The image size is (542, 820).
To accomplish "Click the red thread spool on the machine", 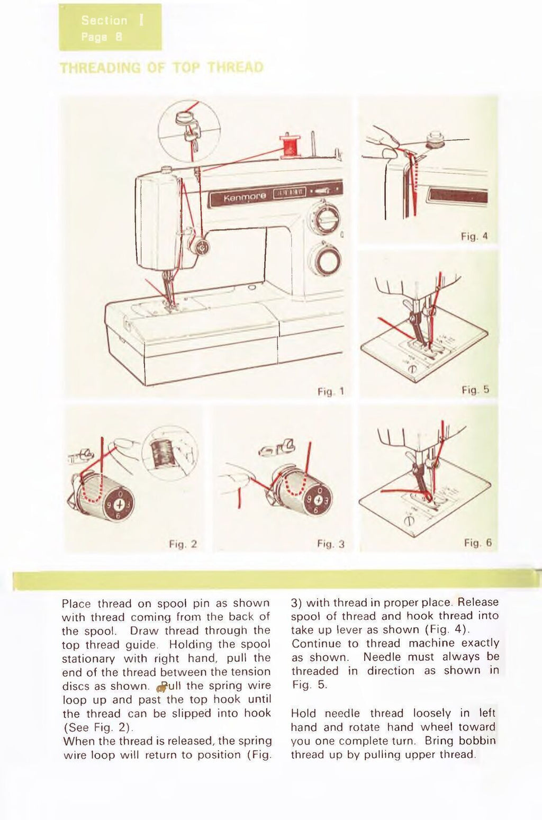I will [x=290, y=146].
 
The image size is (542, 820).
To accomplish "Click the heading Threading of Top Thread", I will [x=161, y=68].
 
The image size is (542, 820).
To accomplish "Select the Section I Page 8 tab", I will [x=110, y=28].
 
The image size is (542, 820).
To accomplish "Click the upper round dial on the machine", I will [x=324, y=218].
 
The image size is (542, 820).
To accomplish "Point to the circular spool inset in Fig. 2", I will [x=169, y=453].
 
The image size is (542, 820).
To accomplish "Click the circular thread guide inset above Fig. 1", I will [x=189, y=131].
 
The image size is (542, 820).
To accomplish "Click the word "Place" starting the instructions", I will [x=76, y=603].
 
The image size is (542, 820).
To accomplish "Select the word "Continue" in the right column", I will [x=316, y=644].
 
